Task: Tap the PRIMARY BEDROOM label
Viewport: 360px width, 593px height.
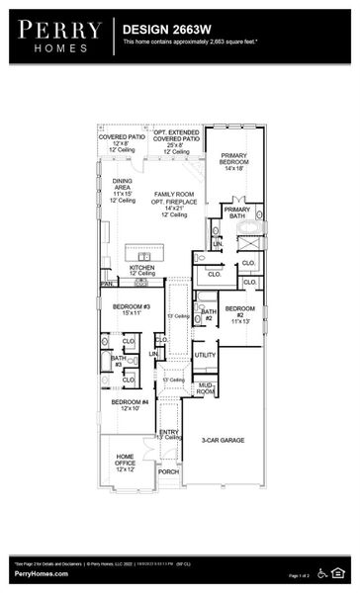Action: point(233,162)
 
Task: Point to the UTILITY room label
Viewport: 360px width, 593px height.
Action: point(205,354)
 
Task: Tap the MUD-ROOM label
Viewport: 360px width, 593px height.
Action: point(206,388)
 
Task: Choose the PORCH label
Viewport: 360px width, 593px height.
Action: point(169,471)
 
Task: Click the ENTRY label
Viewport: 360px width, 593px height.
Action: point(169,433)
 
